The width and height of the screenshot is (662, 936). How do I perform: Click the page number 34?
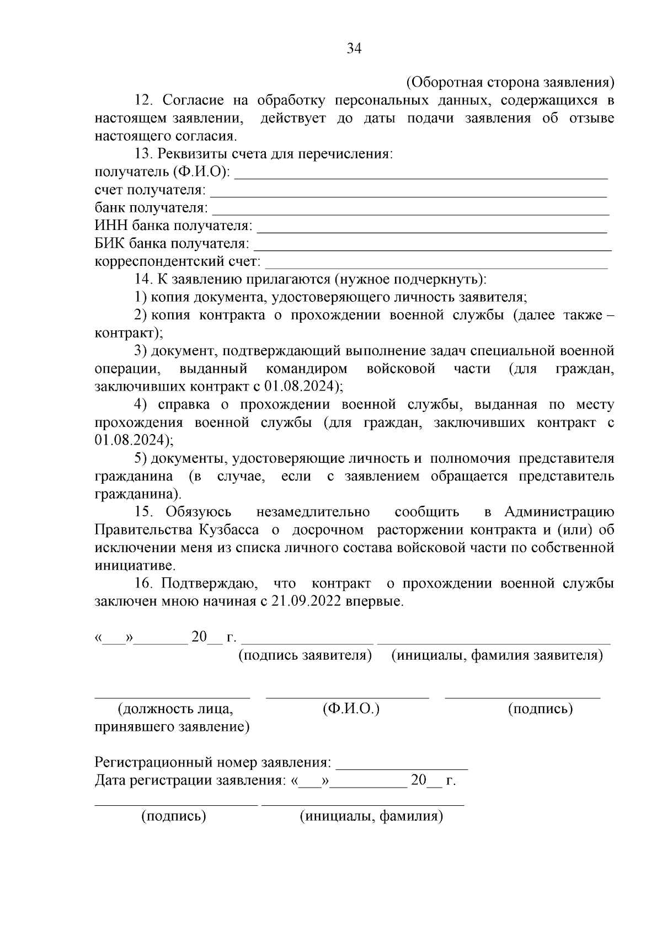coord(354,49)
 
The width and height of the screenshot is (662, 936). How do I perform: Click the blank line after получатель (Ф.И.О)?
coord(421,176)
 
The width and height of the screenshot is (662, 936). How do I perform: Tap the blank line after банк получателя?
coord(410,212)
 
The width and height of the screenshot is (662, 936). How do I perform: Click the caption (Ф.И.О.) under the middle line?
coord(351,709)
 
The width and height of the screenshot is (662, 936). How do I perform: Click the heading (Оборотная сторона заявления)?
coord(510,83)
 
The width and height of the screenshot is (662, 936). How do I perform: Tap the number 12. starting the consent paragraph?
coord(145,100)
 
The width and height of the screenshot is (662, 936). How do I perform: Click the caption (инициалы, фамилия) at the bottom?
coord(371,816)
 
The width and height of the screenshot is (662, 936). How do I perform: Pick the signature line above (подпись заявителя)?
coord(308,642)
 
